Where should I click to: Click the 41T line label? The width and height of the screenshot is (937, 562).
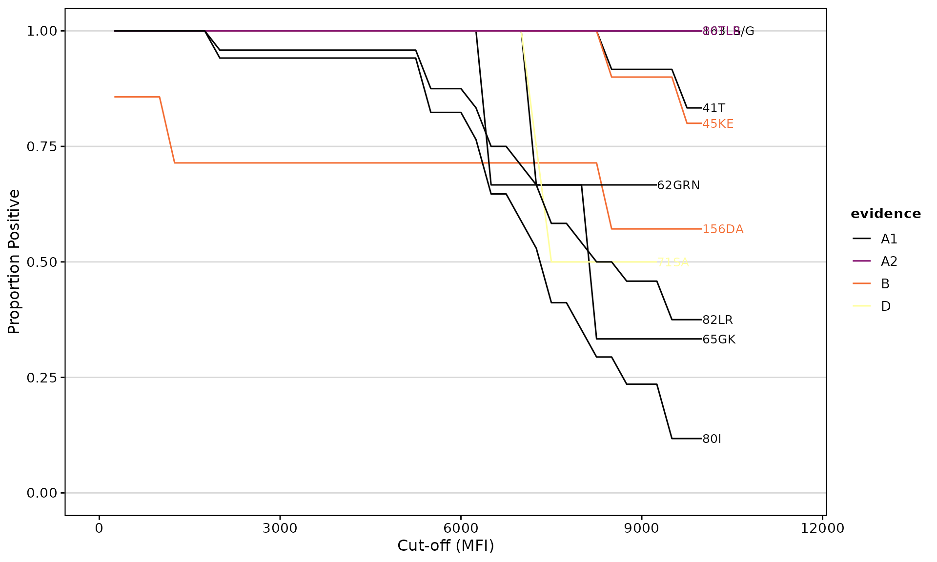point(713,108)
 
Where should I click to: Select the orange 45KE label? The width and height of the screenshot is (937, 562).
point(718,124)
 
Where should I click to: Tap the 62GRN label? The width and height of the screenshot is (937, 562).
point(678,185)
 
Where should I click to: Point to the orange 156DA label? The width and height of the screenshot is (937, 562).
point(723,229)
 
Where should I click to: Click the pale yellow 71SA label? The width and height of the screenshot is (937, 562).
point(672,262)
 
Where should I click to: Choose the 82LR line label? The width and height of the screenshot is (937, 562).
point(717,320)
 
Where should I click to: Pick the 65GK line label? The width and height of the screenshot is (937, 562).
point(719,340)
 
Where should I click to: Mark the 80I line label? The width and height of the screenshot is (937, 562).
point(712,439)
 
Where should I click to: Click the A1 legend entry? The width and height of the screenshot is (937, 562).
point(889,239)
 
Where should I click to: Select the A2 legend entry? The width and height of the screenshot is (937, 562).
point(889,261)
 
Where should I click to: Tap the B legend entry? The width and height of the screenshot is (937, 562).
point(885,284)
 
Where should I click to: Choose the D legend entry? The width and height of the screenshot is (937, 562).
point(886,306)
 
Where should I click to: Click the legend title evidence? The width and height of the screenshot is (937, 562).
point(886,214)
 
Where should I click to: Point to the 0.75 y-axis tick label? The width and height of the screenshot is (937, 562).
point(42,147)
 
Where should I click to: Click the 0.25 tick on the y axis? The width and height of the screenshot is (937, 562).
point(42,378)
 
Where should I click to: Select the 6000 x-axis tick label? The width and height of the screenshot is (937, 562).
point(461,529)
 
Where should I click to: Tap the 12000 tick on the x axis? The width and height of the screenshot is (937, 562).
point(822,529)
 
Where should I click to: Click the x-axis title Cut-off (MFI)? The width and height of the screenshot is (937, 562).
point(446,545)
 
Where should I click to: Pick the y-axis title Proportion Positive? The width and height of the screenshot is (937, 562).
point(14,261)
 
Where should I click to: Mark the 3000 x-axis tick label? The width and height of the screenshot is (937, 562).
point(280,529)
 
